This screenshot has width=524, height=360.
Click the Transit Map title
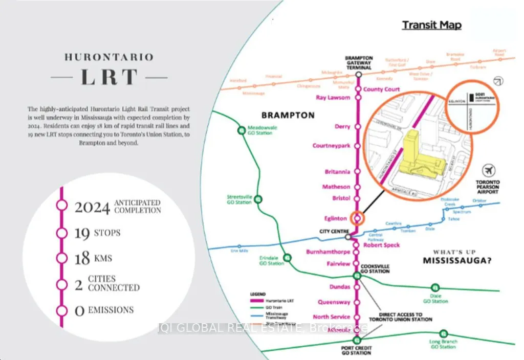click(431, 25)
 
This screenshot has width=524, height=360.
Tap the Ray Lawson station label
click(333, 98)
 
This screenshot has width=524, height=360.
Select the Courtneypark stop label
click(332, 146)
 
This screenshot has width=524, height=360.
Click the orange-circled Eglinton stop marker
click(358, 218)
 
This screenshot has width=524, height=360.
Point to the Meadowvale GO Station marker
click(242, 130)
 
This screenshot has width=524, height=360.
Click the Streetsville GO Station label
click(239, 199)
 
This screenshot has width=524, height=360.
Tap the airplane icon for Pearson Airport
click(489, 170)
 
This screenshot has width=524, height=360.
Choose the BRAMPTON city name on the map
click(288, 115)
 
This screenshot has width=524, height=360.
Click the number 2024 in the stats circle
click(93, 207)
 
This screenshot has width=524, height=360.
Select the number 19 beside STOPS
click(81, 234)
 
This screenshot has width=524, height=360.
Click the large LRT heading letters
click(108, 77)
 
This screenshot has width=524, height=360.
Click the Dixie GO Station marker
click(435, 287)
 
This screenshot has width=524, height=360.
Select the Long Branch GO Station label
click(443, 344)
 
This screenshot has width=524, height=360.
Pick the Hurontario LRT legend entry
click(276, 302)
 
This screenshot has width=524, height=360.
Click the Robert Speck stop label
click(381, 245)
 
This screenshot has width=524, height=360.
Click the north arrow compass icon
click(496, 81)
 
